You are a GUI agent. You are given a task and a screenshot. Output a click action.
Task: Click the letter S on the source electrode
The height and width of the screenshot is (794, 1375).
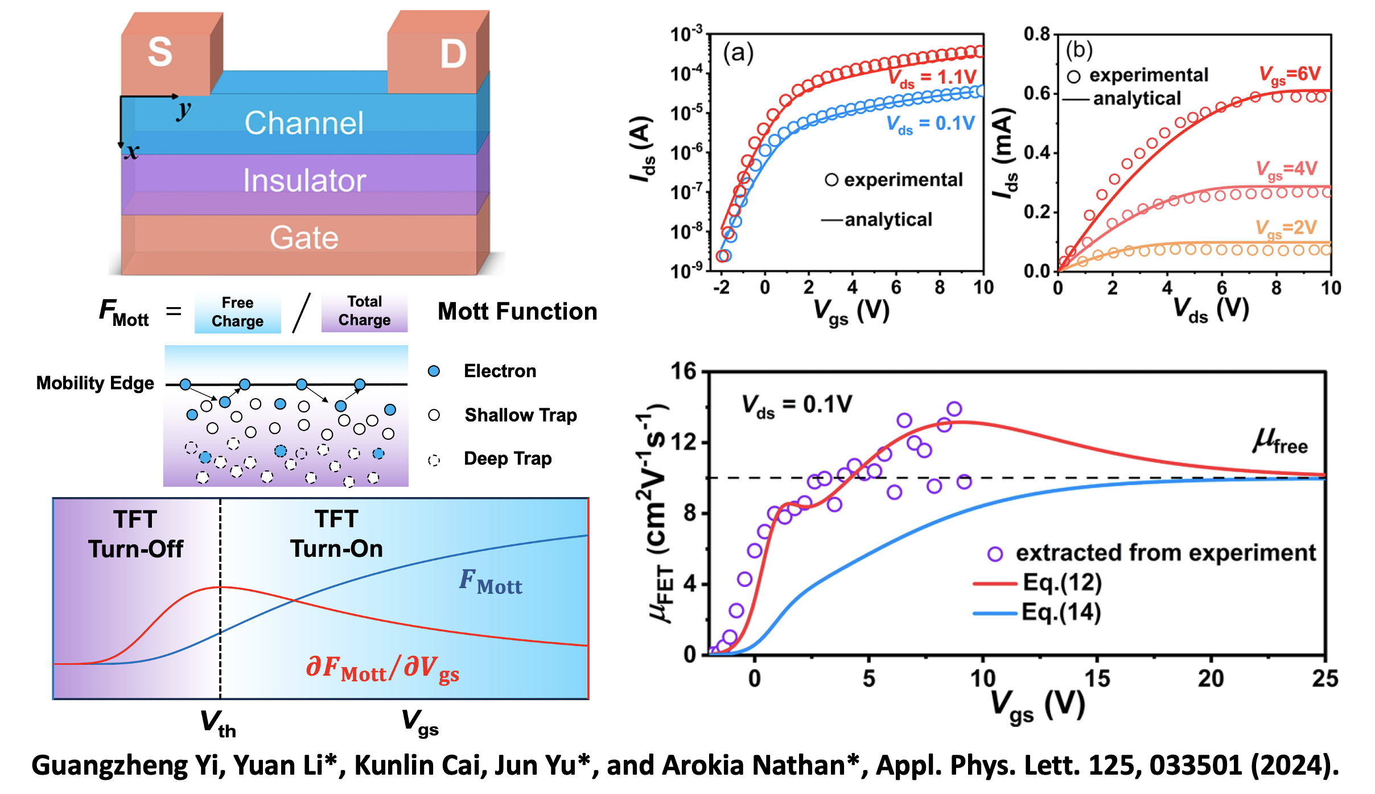click(160, 52)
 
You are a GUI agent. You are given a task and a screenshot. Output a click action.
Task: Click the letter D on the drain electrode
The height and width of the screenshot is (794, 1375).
click(453, 55)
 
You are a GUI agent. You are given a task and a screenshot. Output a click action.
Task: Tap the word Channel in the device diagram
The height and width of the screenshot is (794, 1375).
click(304, 123)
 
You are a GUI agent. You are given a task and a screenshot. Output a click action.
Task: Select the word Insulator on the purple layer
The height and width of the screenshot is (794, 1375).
click(304, 180)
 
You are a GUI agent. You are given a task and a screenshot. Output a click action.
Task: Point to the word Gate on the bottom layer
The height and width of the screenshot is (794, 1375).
click(304, 237)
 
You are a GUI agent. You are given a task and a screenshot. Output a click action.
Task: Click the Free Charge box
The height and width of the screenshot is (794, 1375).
click(237, 312)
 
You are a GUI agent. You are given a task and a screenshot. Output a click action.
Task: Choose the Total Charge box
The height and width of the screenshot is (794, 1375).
click(364, 311)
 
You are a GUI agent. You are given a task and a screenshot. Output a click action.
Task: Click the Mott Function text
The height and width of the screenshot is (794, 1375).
click(517, 311)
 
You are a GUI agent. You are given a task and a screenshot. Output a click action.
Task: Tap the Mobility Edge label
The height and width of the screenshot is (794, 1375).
click(95, 383)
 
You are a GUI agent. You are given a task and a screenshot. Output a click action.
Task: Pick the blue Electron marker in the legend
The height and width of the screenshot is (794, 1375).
click(434, 371)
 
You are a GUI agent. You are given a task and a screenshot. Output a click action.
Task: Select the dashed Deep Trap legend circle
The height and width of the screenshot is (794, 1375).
click(434, 460)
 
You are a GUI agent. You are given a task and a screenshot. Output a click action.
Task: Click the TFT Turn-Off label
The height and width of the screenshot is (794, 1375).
click(135, 534)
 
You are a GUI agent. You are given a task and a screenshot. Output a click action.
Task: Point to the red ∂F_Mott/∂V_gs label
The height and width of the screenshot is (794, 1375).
click(382, 669)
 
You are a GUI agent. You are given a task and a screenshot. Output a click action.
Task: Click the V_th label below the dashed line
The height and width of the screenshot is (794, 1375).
click(217, 723)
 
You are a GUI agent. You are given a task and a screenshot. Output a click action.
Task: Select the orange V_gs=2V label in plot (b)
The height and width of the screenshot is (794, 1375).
click(1286, 229)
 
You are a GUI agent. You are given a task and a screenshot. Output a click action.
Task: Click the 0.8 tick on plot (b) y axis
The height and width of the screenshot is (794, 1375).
click(1036, 34)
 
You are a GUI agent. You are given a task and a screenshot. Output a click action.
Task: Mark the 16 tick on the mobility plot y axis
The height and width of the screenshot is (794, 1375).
click(683, 371)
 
